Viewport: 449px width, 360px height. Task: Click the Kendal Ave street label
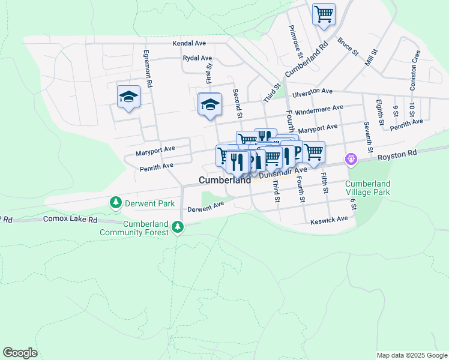(189, 44)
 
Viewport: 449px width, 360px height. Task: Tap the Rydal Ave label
(197, 58)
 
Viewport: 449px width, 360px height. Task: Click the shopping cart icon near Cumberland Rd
(324, 14)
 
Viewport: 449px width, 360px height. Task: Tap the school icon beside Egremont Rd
(128, 97)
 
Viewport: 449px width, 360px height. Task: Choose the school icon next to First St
(210, 104)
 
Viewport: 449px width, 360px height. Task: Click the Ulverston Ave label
(312, 92)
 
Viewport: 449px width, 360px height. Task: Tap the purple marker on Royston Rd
(351, 160)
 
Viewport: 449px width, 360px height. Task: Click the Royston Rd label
(397, 156)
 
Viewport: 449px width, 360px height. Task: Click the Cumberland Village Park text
(368, 188)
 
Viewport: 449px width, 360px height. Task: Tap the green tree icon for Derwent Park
(115, 203)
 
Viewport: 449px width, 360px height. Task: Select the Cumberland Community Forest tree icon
(177, 227)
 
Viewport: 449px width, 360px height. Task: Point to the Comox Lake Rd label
(70, 220)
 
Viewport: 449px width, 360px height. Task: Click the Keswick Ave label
(329, 221)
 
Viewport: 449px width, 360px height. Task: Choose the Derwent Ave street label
(205, 207)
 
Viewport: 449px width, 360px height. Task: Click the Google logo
(20, 353)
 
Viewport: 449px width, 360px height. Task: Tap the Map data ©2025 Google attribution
(411, 355)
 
